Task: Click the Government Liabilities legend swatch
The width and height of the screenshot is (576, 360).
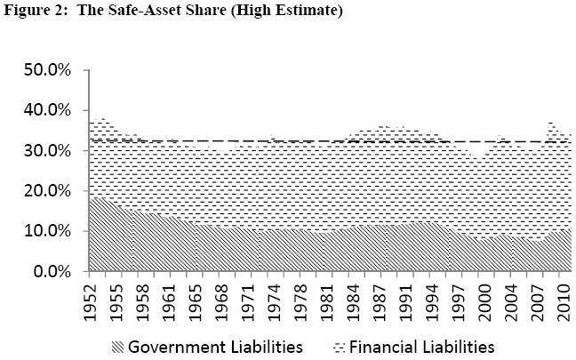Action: [116, 346]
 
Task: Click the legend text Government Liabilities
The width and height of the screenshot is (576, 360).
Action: [216, 346]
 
